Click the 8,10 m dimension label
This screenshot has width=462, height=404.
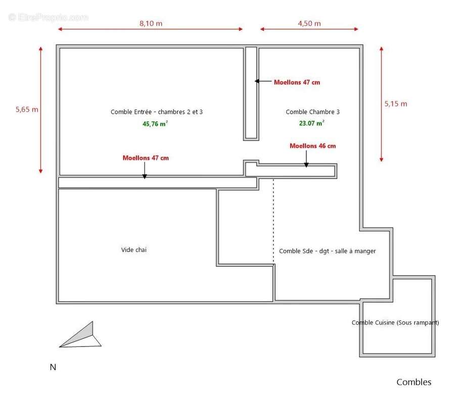[151, 23]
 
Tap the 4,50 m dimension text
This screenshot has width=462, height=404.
[309, 23]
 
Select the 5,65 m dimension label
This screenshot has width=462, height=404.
[27, 109]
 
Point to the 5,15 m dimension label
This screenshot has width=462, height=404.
[396, 104]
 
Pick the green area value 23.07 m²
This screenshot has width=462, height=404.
[312, 122]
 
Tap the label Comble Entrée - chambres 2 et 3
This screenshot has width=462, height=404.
[157, 112]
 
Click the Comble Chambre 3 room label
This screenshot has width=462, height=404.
[312, 112]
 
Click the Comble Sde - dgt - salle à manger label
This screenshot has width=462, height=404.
[327, 251]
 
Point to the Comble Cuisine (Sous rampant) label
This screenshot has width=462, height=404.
[395, 323]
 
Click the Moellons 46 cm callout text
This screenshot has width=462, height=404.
[312, 146]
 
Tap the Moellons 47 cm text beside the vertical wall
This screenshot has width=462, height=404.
[297, 82]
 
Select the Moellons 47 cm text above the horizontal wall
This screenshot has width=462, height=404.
[146, 158]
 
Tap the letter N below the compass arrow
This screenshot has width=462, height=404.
[53, 367]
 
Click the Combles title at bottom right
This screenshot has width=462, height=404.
[414, 382]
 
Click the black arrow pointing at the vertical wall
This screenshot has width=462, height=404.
[262, 81]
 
